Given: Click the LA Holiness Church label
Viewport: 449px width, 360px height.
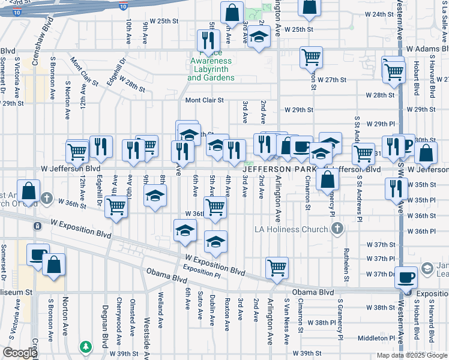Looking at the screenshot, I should tap(291, 229).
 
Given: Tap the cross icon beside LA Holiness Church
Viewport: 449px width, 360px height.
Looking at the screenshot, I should tap(337, 228).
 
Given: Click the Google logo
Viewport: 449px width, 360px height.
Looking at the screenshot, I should tap(20, 353).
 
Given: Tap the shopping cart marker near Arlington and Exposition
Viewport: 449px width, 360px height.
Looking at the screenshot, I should tap(277, 267).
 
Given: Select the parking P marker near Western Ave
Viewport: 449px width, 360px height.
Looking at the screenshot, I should tap(408, 144).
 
